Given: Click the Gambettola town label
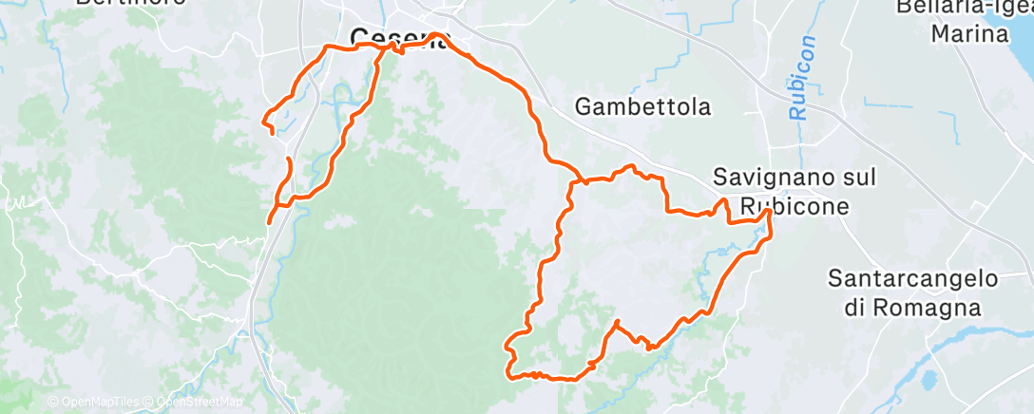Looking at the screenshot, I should (x=642, y=107).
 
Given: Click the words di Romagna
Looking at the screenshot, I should (x=910, y=308).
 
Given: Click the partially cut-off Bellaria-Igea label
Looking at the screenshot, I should (x=964, y=8).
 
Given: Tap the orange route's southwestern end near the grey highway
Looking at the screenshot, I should (x=269, y=223).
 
